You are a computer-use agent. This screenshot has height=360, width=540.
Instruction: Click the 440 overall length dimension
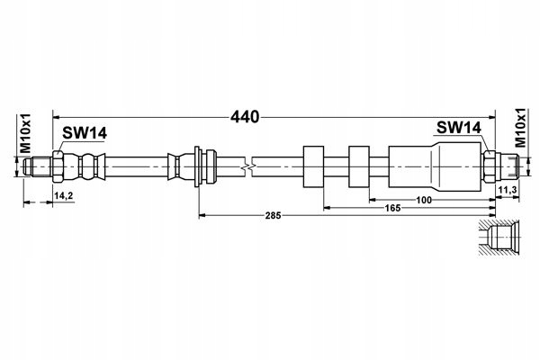[245, 117]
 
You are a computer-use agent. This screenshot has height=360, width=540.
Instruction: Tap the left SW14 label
[85, 133]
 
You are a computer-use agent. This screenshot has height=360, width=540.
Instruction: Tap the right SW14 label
[459, 128]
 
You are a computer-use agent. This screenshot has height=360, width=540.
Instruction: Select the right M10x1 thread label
[520, 128]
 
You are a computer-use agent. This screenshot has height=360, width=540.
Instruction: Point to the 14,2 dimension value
[64, 195]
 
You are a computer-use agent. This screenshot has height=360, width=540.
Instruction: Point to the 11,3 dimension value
[508, 190]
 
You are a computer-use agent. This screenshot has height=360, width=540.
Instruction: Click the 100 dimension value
[424, 200]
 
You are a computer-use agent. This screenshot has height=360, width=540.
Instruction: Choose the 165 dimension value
[393, 208]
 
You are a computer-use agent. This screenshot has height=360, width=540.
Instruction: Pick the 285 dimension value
[273, 216]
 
